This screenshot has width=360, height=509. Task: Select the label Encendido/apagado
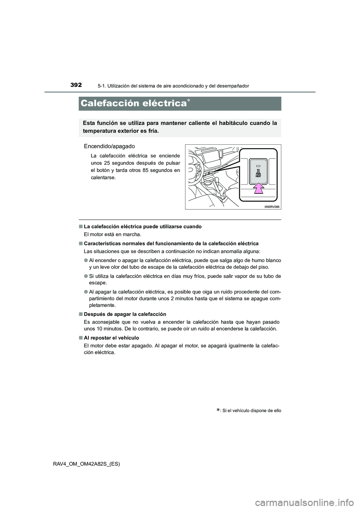point(109,146)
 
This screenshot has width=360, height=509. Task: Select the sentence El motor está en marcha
point(113,234)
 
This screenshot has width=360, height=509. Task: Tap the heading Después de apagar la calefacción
point(125,314)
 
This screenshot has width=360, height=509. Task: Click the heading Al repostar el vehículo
point(111,338)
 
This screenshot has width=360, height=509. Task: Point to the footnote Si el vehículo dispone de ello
point(251,410)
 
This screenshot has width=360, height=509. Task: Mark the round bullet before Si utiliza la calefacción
point(86,277)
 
